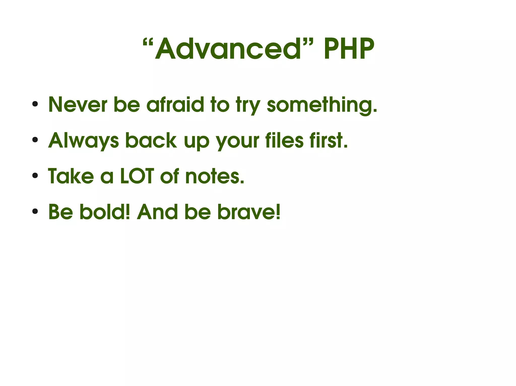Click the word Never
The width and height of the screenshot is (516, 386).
point(78,104)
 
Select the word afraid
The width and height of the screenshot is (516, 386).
point(175,104)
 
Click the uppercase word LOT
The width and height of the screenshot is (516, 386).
point(137,176)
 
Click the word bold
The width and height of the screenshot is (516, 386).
point(105,212)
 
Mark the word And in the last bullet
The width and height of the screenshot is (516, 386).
point(157,212)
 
